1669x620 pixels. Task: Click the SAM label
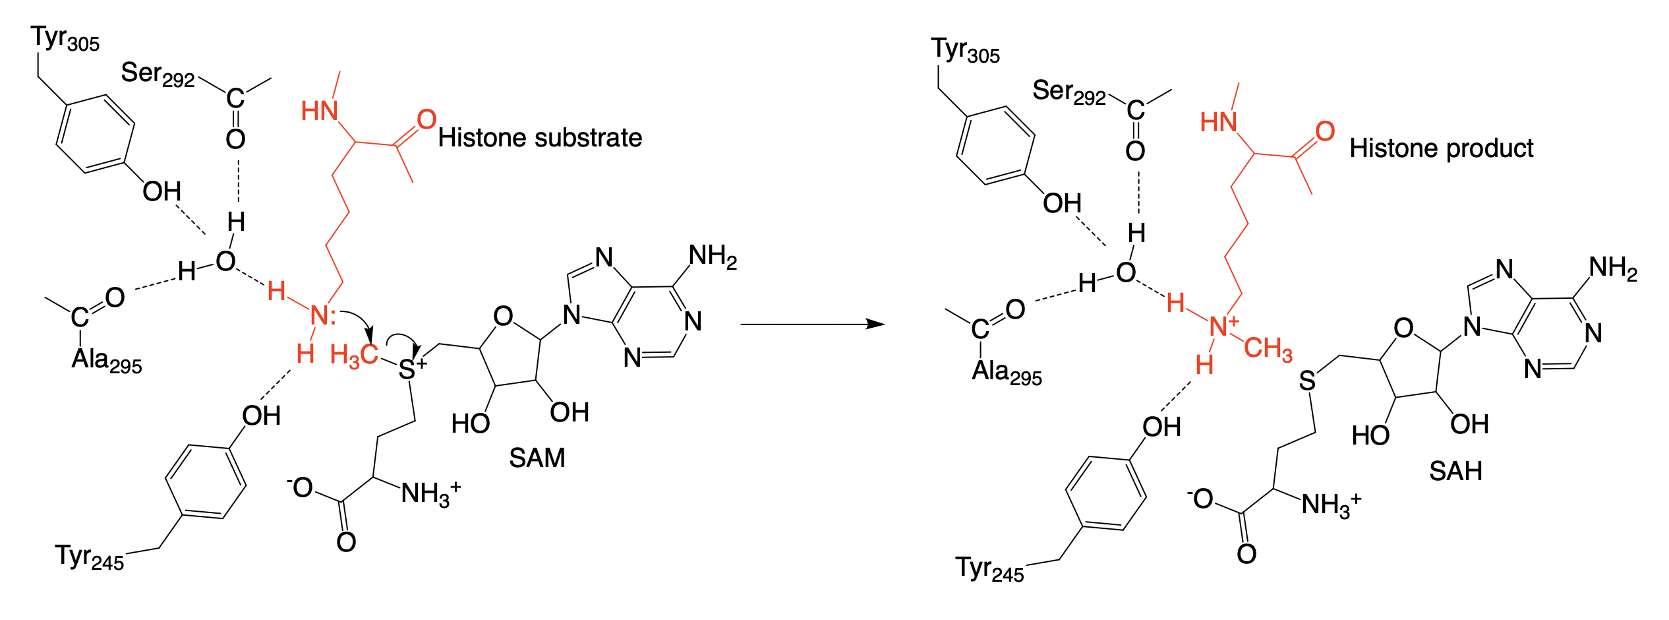coord(537,458)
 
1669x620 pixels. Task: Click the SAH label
coord(1455,471)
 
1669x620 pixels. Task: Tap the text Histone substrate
coord(540,138)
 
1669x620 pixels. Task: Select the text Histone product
coord(1441,148)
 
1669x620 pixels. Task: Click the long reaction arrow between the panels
coord(812,324)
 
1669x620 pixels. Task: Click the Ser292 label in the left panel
coord(158,75)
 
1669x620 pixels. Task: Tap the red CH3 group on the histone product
coord(1268,348)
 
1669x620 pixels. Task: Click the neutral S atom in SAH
coord(1307,381)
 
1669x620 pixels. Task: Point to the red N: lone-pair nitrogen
coord(321,315)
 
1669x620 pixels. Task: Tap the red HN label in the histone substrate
coord(320,111)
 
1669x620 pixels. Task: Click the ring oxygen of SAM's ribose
coord(503,317)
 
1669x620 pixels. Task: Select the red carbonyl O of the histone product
coord(1325,131)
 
